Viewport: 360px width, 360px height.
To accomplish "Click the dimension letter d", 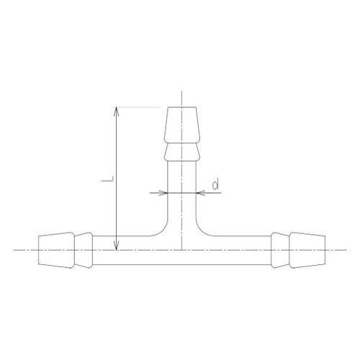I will (215, 185).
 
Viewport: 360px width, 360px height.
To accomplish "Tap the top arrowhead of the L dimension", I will (116, 109).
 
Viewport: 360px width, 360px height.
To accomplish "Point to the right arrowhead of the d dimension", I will (201, 193).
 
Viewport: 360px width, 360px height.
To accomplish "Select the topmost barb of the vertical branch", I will (182, 125).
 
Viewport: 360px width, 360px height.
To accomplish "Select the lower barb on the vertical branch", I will (182, 152).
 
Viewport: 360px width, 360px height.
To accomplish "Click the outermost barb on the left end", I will (57, 249).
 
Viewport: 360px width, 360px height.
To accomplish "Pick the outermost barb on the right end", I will (306, 249).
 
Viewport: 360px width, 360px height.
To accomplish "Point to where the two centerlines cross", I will (182, 249).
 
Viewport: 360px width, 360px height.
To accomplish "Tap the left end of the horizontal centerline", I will (16, 249).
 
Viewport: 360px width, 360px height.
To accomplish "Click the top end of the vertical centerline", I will (182, 91).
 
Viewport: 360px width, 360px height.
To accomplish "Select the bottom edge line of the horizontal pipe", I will (182, 264).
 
